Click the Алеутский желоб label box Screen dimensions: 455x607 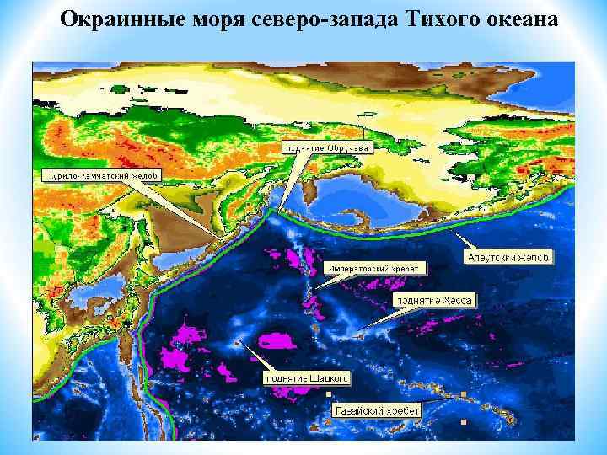[x=508, y=255]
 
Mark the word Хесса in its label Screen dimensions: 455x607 [x=456, y=300]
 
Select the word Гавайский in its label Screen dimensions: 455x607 [x=356, y=409]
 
